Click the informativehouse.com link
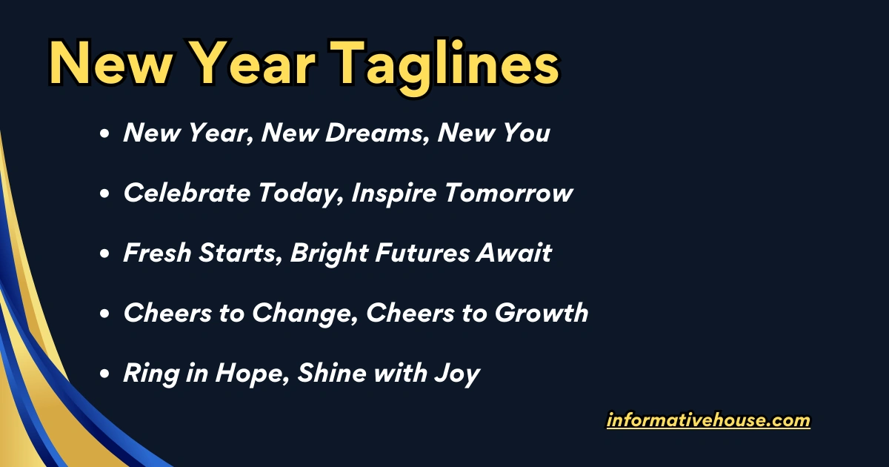pos(708,421)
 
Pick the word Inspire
pos(395,193)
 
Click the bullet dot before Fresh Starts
pos(105,254)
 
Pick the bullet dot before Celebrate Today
pos(105,194)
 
